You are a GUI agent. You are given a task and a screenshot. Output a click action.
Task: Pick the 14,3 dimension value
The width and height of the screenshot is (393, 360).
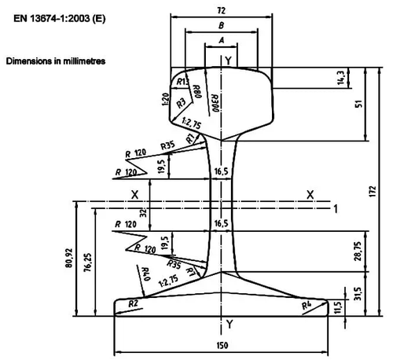click(340, 80)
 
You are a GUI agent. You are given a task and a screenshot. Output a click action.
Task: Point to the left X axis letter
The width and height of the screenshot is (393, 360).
click(134, 193)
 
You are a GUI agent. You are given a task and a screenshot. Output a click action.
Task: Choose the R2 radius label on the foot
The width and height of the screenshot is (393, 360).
click(133, 303)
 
